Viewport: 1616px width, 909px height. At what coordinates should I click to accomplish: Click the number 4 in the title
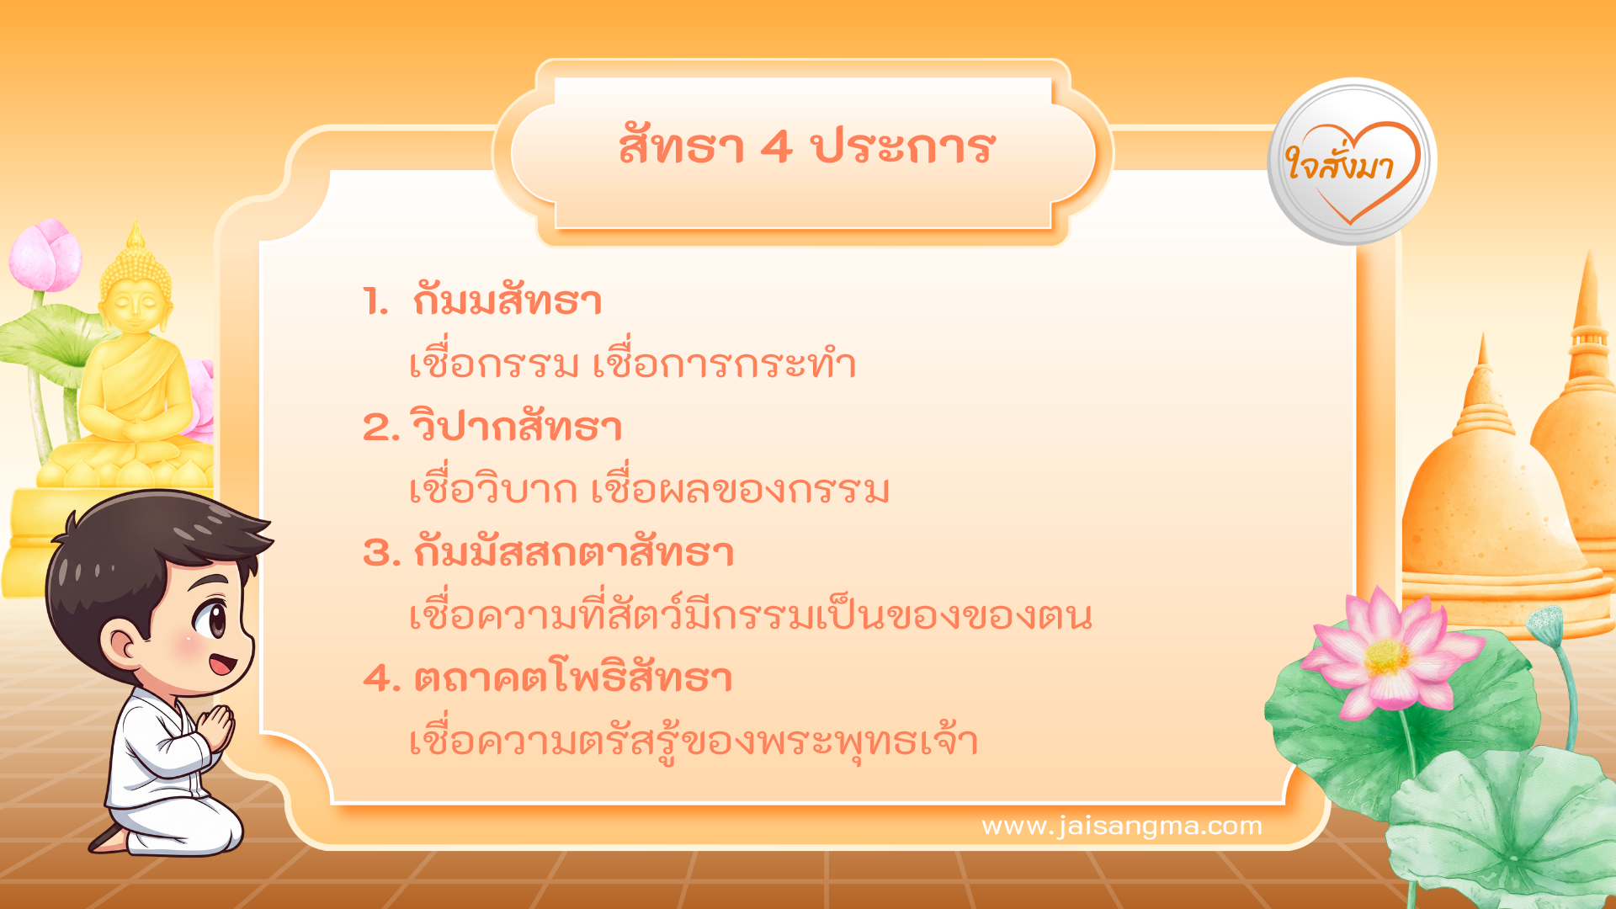776,148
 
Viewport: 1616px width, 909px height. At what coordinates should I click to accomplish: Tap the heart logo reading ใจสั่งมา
1351,162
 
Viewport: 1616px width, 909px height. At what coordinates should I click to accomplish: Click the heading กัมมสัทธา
508,301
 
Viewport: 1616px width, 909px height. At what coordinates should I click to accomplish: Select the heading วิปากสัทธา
517,427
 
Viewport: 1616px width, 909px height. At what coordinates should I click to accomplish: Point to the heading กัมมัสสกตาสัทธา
573,553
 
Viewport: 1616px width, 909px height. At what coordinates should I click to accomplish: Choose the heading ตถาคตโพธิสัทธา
572,678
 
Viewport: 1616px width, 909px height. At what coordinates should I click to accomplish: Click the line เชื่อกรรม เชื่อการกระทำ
632,364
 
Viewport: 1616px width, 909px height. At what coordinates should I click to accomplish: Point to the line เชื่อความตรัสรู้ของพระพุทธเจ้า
694,742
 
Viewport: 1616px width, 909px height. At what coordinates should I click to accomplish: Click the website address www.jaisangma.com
1122,826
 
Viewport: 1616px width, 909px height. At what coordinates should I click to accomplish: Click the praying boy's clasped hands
217,726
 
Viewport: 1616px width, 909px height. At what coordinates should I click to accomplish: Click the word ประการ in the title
903,148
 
